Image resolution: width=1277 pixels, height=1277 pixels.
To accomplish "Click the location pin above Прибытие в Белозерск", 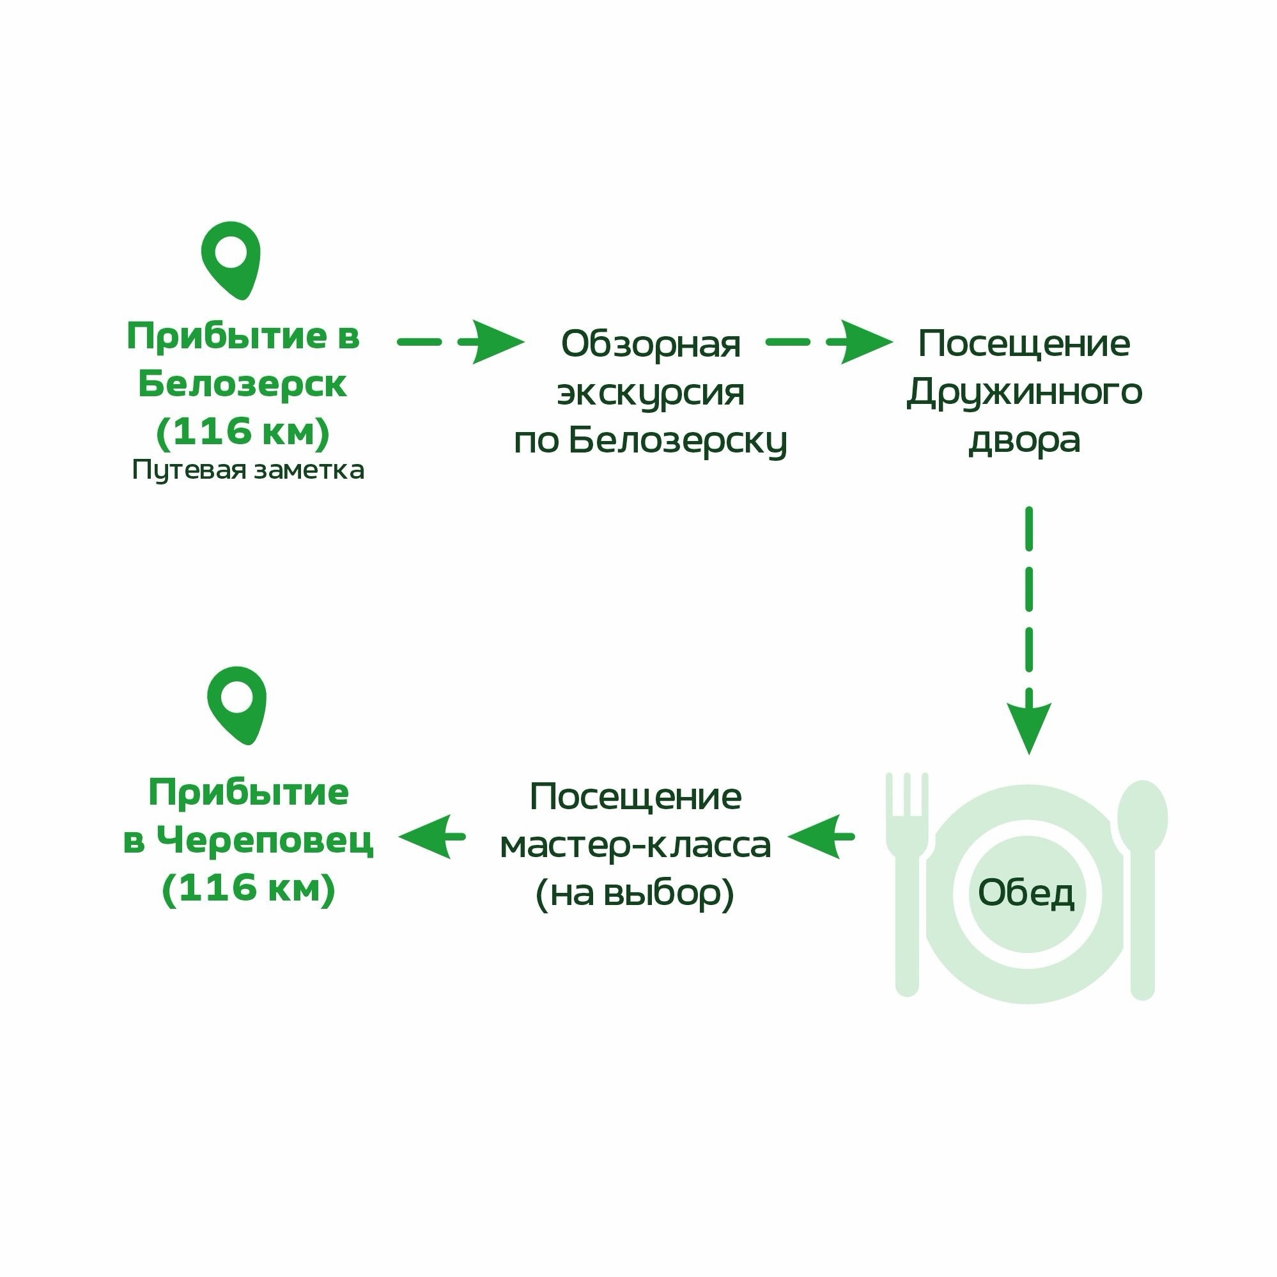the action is coord(231,259).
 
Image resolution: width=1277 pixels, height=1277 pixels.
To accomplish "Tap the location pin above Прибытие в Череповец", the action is coord(236,705).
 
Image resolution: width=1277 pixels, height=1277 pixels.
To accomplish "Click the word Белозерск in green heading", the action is coord(242,384).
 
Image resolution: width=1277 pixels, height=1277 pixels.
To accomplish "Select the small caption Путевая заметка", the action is coord(248,470).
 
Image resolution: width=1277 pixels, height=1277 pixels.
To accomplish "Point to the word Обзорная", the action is coord(651,344).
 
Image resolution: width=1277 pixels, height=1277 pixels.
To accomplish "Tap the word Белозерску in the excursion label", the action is coord(678,441).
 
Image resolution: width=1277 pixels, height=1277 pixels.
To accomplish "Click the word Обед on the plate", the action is coord(1026,894).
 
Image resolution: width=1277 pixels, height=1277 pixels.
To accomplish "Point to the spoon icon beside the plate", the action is coord(1142,890).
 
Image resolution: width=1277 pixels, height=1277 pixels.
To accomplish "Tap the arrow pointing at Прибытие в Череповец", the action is coord(432,837).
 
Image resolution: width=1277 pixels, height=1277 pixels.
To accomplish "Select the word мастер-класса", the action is coord(635,846).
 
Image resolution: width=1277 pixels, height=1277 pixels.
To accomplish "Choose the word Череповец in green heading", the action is coord(265,840).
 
